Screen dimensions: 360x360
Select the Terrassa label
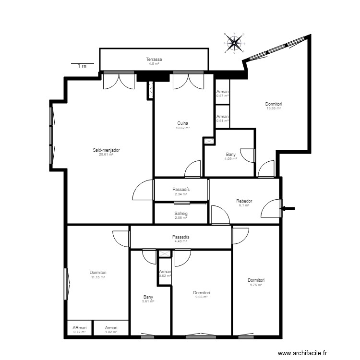[154, 60]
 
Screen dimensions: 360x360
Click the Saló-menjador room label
[106, 150]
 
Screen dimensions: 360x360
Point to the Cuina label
[183, 123]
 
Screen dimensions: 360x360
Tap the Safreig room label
[181, 213]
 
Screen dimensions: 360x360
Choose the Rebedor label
[244, 201]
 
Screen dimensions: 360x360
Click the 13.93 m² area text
[274, 108]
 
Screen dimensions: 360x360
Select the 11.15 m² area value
[98, 277]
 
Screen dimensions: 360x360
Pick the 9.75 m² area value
[256, 285]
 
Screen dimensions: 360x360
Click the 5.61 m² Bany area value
[148, 301]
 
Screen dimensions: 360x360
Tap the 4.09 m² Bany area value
[231, 159]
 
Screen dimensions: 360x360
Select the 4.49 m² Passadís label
[181, 237]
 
